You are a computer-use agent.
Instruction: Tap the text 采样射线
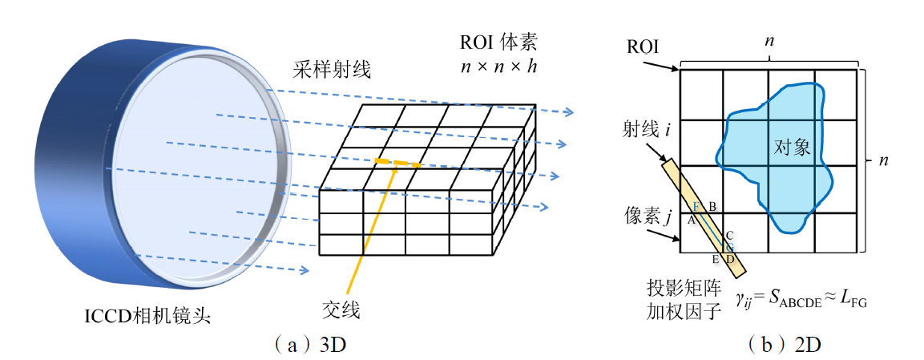[332, 71]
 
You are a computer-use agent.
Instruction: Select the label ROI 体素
[498, 42]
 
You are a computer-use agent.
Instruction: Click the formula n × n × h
[498, 67]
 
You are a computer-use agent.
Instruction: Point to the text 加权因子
[680, 312]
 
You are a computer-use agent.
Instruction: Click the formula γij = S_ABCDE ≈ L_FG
[802, 300]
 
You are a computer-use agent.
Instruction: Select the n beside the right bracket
[885, 160]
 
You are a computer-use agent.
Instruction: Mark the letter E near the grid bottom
[715, 259]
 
